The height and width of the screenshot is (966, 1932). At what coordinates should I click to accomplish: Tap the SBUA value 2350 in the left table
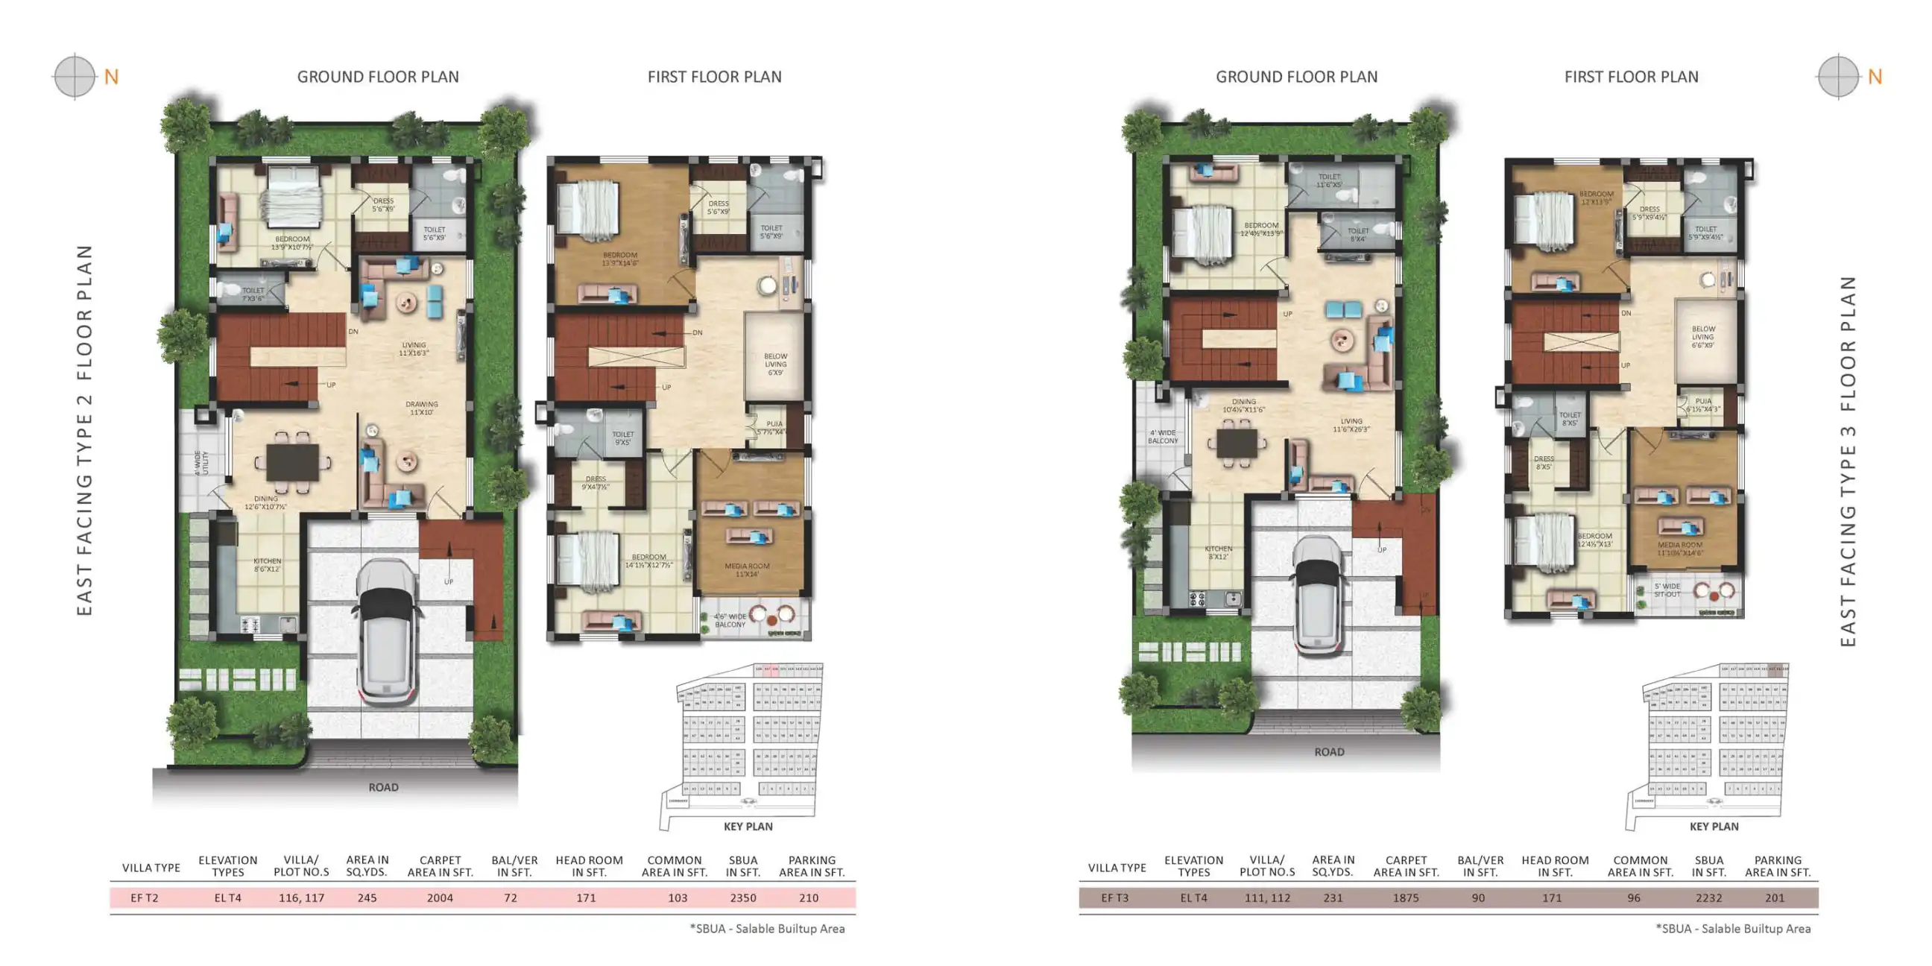click(742, 897)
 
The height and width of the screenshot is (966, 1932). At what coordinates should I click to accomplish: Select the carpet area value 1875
click(1406, 897)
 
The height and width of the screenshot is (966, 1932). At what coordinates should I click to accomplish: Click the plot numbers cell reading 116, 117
click(301, 897)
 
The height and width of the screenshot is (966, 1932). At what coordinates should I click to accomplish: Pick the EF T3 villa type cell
click(1114, 897)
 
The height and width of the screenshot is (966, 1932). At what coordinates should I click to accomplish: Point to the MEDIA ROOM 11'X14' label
click(747, 570)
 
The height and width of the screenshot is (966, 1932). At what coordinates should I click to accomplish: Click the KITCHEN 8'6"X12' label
click(267, 565)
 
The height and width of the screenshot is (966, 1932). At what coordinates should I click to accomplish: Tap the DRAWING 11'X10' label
click(421, 408)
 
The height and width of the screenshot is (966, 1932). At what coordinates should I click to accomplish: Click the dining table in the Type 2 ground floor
click(292, 461)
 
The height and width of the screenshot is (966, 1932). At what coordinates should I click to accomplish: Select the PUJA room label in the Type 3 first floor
click(1703, 405)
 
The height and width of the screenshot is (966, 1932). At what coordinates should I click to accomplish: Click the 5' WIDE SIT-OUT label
click(1667, 590)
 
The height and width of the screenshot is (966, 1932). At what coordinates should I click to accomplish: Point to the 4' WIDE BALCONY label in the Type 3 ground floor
click(1163, 437)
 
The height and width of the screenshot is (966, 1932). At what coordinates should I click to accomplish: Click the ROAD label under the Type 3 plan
click(1329, 751)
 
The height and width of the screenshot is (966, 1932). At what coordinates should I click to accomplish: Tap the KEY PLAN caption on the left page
click(748, 827)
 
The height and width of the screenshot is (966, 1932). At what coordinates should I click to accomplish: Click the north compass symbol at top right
click(1838, 76)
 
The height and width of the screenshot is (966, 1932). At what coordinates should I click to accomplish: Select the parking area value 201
click(1775, 897)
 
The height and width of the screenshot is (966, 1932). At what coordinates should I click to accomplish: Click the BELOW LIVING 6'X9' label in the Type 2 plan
click(775, 364)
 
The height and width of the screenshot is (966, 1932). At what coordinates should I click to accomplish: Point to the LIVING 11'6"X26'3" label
click(1351, 426)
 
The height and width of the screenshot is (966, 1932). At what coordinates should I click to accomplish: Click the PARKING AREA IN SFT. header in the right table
click(1778, 866)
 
